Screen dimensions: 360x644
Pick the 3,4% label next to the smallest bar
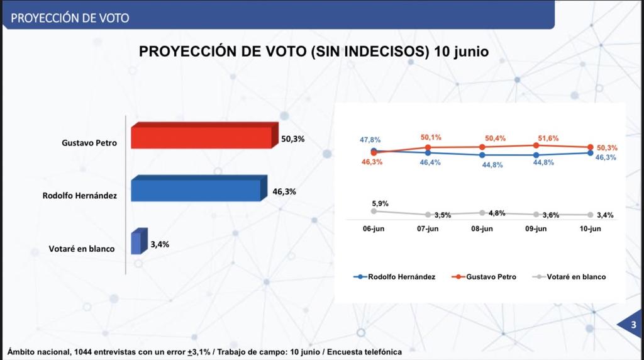coord(160,242)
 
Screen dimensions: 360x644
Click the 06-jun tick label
coord(374,229)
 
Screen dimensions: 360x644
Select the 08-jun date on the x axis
coord(482,229)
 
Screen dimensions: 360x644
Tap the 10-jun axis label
coord(590,229)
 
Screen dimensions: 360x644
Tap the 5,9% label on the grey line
coord(380,203)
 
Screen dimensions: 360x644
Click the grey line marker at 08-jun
coord(482,213)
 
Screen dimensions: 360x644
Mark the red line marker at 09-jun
coord(536,145)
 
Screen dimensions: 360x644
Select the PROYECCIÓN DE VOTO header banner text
coord(70,18)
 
